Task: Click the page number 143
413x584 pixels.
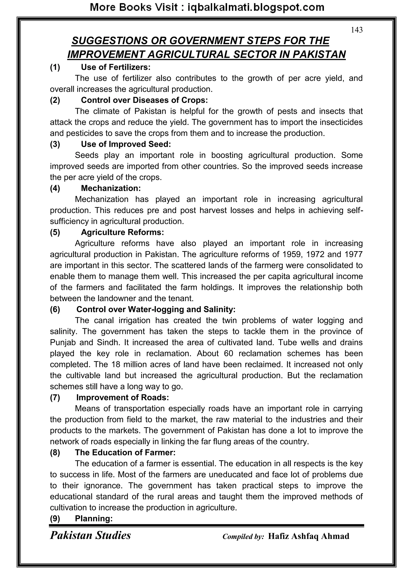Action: [357, 30]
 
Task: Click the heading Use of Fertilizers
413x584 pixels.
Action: [116, 67]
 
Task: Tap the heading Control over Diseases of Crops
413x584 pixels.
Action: [144, 100]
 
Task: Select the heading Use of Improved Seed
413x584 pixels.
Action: [126, 144]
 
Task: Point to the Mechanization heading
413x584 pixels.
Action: [111, 188]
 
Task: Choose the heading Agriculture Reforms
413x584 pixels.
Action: [122, 232]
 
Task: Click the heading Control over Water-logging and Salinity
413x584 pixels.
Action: [156, 309]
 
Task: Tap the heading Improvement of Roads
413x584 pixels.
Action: [123, 397]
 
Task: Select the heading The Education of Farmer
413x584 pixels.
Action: [125, 452]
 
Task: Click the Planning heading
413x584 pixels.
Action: [94, 518]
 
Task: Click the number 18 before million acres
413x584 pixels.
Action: [116, 365]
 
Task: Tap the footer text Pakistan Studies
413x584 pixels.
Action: [90, 535]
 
